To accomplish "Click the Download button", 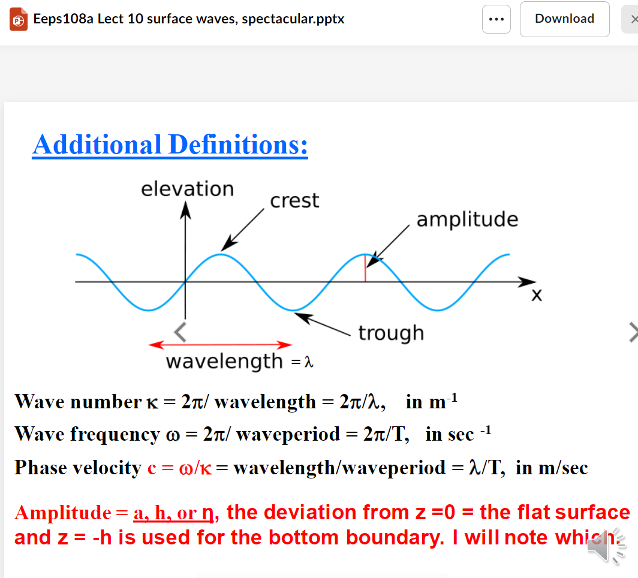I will [x=564, y=19].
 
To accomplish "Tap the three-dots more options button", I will [x=496, y=19].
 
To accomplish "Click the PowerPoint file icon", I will [x=19, y=19].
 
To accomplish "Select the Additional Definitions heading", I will [x=170, y=144].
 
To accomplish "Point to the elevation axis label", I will [x=187, y=189].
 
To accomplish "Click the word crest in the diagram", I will [x=294, y=201].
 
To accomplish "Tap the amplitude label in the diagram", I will [x=467, y=219].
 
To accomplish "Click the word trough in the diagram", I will [x=391, y=333].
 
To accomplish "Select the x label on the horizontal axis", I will [x=537, y=295].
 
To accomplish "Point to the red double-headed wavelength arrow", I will [x=220, y=345].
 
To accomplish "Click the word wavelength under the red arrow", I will [x=224, y=362].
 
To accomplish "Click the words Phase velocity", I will [x=77, y=468].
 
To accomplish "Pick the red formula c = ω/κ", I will [x=180, y=468].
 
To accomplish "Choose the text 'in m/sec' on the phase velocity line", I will [x=552, y=468].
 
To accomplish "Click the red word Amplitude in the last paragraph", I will [x=62, y=513].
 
